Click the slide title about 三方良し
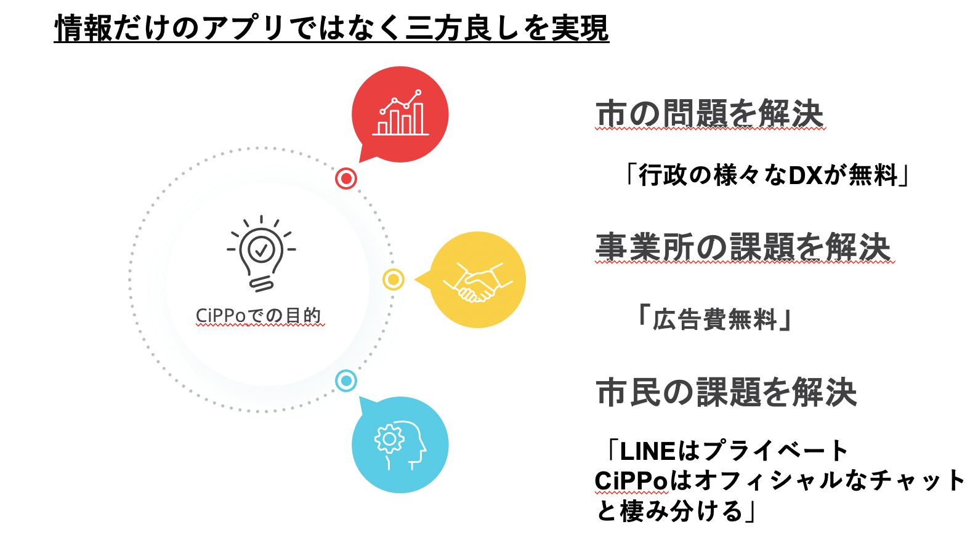tap(331, 28)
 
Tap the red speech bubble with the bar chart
tap(400, 115)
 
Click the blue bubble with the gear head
tap(400, 444)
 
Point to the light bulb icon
tap(261, 253)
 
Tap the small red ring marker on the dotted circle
tap(346, 179)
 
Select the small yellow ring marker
tap(394, 279)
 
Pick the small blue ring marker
tap(346, 381)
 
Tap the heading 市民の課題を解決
tap(726, 392)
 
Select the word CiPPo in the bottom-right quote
tap(631, 481)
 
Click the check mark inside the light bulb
tap(261, 250)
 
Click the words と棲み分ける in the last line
tap(669, 511)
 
